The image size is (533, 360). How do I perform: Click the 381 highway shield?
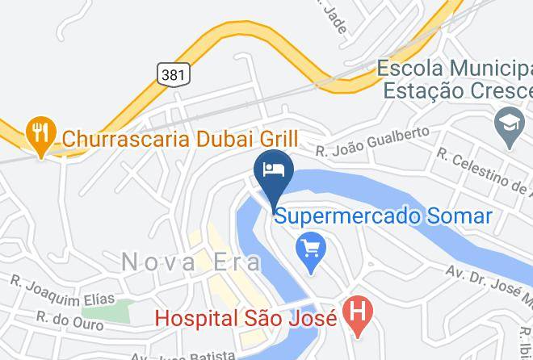coord(174,73)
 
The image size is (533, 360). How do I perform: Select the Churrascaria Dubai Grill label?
coord(180,138)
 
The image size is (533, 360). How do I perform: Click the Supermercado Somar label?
coord(383,216)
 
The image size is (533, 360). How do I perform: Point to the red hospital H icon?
coord(356,314)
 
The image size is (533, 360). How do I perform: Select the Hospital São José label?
coord(246,318)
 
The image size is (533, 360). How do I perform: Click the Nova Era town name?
coord(191,262)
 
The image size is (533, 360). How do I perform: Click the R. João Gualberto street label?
coord(372,142)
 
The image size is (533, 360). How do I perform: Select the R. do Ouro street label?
coord(69,320)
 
